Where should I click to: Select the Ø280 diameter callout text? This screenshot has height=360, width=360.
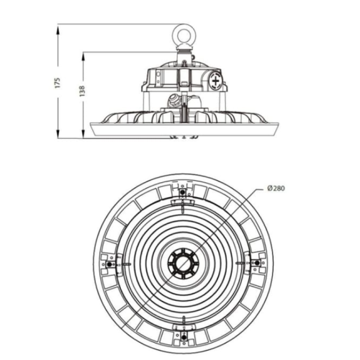(x=279, y=189)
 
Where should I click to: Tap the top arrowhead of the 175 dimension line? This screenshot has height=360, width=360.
(x=58, y=27)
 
